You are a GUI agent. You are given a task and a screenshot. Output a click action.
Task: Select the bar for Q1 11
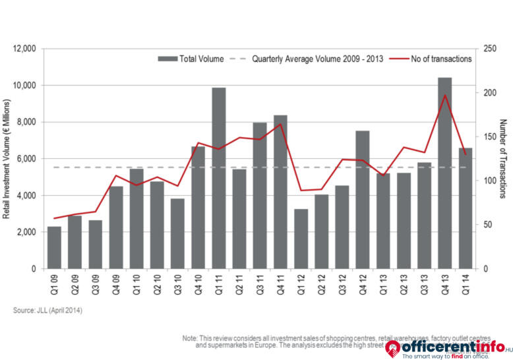[x=218, y=178]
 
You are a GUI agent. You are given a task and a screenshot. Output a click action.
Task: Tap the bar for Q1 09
[x=54, y=247]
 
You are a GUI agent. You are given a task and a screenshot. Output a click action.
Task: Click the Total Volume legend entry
[x=191, y=59]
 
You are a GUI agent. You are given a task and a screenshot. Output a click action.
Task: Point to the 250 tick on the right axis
[x=490, y=49]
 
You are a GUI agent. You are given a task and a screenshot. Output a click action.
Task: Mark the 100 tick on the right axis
[x=490, y=181]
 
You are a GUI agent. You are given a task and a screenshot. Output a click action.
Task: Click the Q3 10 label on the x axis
[x=177, y=285]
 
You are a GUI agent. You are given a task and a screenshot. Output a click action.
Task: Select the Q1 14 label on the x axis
[x=466, y=285]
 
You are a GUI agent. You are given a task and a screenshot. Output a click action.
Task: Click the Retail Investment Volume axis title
[x=7, y=158]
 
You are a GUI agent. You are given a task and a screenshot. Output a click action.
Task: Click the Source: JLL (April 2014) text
[x=47, y=310]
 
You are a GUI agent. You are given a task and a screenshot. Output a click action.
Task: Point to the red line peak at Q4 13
[x=445, y=95]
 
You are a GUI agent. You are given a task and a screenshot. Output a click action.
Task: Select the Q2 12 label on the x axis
[x=321, y=285]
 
